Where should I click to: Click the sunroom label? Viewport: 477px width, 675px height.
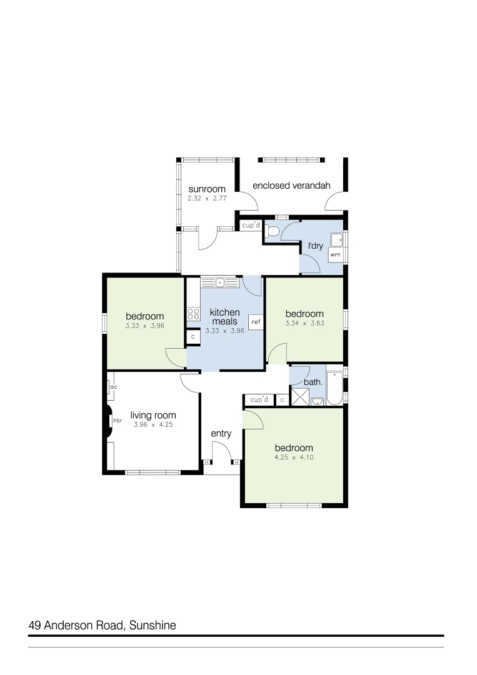tap(207, 189)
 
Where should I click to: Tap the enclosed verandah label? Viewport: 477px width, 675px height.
tap(291, 186)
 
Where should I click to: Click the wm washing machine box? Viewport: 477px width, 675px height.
tap(335, 255)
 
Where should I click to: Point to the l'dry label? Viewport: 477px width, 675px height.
tap(316, 246)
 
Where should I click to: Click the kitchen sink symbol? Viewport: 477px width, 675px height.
tap(219, 282)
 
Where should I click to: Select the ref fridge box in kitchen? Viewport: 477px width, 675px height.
tap(256, 322)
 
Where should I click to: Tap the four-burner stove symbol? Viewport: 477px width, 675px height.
tap(193, 314)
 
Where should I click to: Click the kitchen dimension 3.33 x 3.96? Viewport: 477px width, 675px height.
tap(224, 331)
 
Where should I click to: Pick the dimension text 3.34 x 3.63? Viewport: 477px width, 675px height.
tap(304, 323)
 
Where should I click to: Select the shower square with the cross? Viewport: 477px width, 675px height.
tap(300, 396)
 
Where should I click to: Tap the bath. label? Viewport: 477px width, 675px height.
tap(313, 382)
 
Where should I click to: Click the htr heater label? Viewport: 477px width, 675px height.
tap(117, 421)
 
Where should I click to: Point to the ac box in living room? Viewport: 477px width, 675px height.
tap(113, 387)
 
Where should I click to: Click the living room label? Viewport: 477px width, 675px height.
tap(153, 415)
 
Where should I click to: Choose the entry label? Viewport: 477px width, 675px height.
tap(221, 434)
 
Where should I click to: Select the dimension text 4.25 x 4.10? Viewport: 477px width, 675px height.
tap(294, 457)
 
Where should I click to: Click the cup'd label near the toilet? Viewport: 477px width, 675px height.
tap(251, 225)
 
